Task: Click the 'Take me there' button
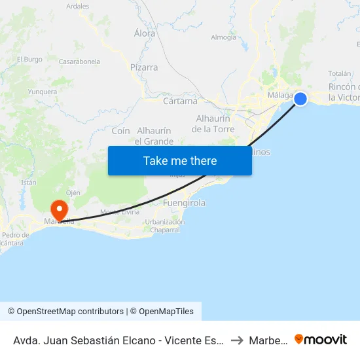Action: [180, 160]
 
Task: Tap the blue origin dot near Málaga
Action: [300, 98]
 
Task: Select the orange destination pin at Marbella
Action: [59, 210]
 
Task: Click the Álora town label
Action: [145, 33]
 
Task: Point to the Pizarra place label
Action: [144, 67]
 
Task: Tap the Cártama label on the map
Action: [180, 101]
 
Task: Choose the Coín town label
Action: [121, 131]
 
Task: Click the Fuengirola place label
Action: [183, 203]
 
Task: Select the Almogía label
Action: [223, 37]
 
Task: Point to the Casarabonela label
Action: [79, 62]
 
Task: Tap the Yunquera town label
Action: [43, 92]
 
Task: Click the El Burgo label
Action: [29, 59]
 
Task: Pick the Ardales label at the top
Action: [78, 6]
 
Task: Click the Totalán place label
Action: [339, 73]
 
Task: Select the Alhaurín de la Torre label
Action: [213, 124]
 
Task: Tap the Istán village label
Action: [28, 182]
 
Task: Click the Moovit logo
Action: [321, 339]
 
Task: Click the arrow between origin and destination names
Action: [238, 340]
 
